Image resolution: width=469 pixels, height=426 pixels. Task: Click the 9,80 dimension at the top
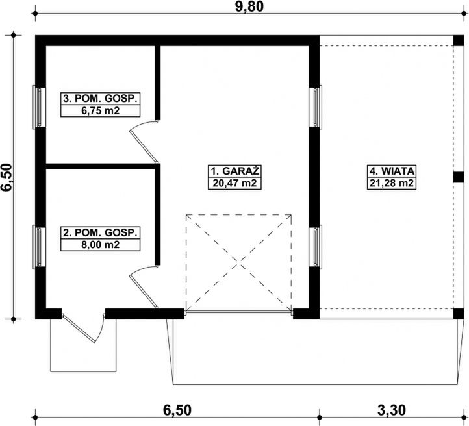(x=249, y=6)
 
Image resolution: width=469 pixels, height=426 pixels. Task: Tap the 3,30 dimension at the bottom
(x=391, y=410)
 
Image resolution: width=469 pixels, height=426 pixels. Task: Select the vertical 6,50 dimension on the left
(x=6, y=177)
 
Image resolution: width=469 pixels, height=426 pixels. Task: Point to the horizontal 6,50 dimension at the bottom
(x=177, y=410)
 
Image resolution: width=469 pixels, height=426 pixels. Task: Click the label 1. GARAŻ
(x=234, y=171)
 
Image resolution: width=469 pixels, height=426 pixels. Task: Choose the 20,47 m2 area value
(x=234, y=183)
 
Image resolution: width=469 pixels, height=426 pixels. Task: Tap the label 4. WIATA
(x=392, y=171)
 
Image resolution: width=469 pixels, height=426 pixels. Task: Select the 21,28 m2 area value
(x=392, y=183)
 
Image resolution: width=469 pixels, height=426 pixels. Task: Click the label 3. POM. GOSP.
(x=100, y=99)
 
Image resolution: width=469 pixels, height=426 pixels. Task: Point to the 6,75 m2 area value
(x=100, y=110)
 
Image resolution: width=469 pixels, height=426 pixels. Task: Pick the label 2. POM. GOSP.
(x=100, y=232)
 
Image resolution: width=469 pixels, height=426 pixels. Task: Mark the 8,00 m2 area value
(x=100, y=245)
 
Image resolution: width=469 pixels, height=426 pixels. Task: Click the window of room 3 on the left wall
(x=39, y=107)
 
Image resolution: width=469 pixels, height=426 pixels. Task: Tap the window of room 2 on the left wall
(x=39, y=247)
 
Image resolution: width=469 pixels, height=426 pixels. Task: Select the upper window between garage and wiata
(x=316, y=107)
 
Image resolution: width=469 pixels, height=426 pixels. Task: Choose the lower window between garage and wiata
(x=316, y=247)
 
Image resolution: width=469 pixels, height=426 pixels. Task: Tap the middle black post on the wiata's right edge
(x=458, y=177)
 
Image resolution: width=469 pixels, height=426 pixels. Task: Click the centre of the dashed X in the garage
(x=238, y=262)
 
